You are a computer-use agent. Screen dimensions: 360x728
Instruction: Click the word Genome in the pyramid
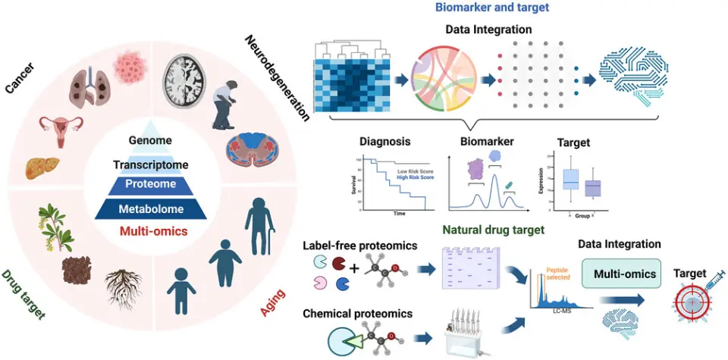point(149,140)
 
